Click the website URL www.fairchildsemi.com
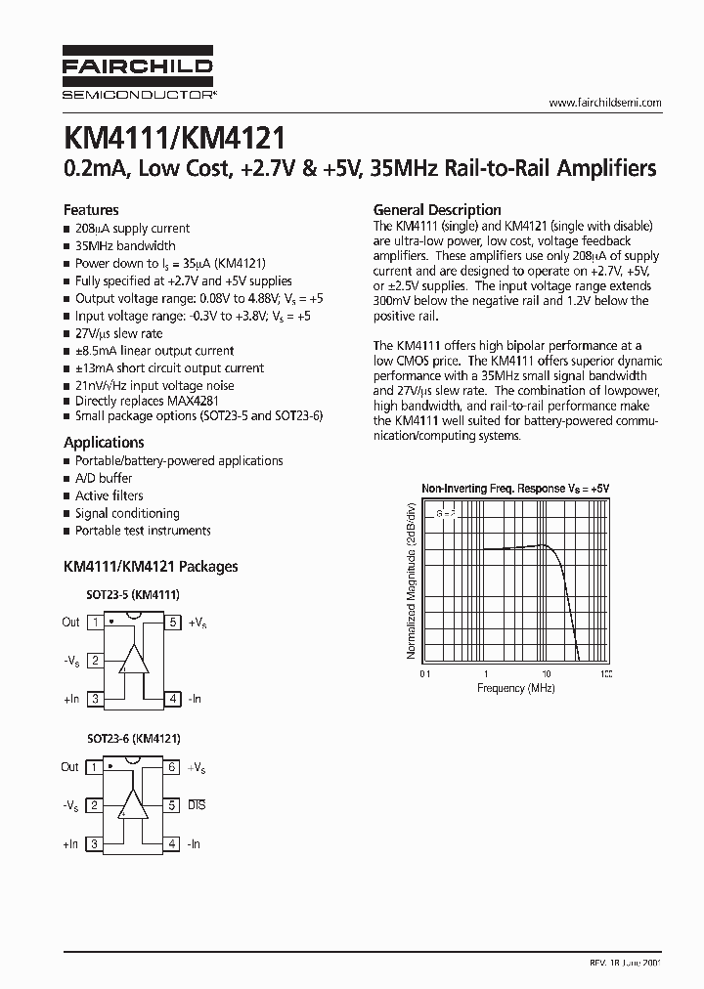click(x=605, y=103)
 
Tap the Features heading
click(x=91, y=209)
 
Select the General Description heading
click(x=437, y=209)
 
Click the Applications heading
click(x=104, y=442)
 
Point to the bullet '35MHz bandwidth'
click(x=125, y=245)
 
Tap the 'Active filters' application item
click(x=109, y=495)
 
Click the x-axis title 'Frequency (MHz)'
click(x=515, y=688)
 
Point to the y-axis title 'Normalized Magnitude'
click(x=412, y=578)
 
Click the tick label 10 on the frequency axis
click(x=546, y=674)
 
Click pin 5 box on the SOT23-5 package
click(x=172, y=623)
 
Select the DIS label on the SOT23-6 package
click(x=197, y=805)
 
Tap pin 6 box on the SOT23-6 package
click(x=172, y=768)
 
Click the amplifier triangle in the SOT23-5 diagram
click(x=133, y=661)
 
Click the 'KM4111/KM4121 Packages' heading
click(x=150, y=566)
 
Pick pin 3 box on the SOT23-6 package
click(x=95, y=843)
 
